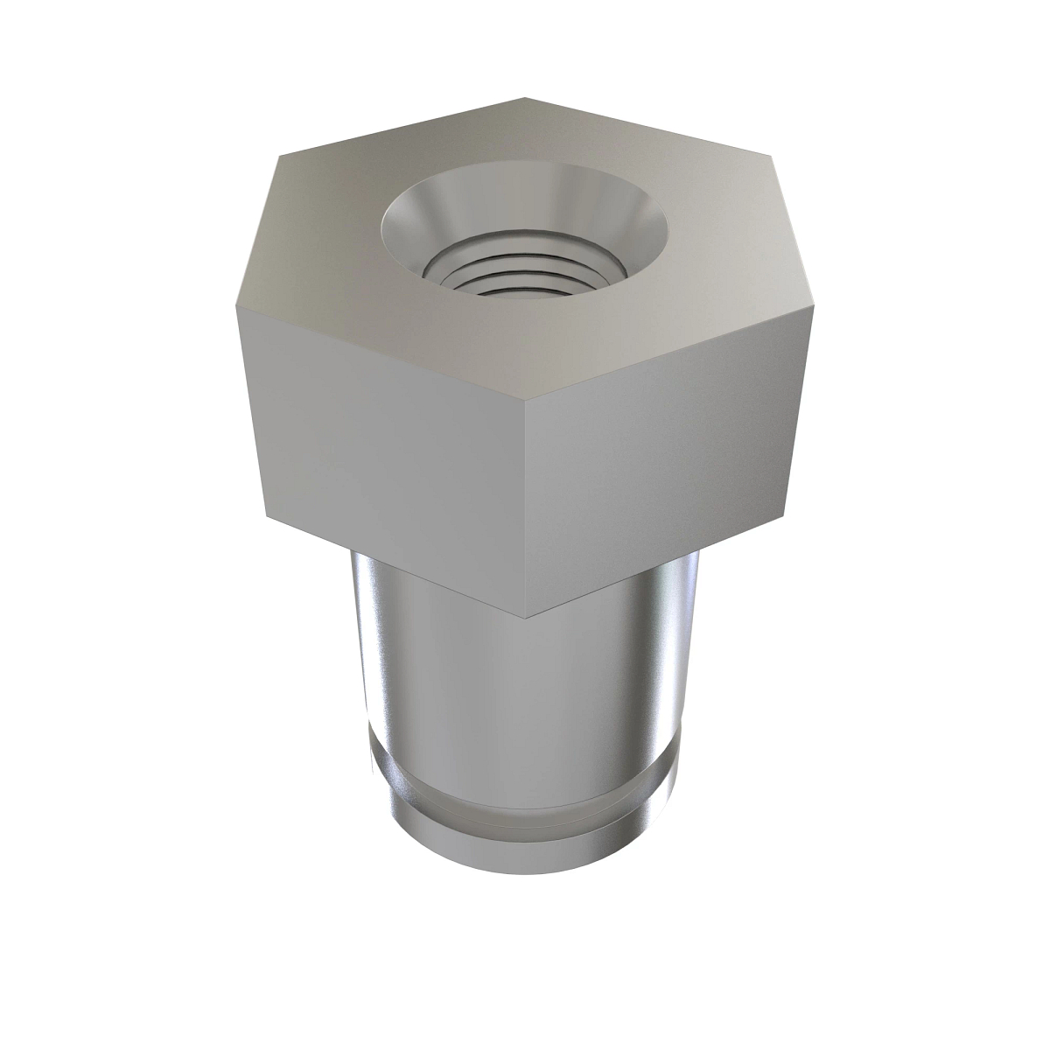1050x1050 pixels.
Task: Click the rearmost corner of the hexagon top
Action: (525, 97)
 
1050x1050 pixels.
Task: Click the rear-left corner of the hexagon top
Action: (277, 157)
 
